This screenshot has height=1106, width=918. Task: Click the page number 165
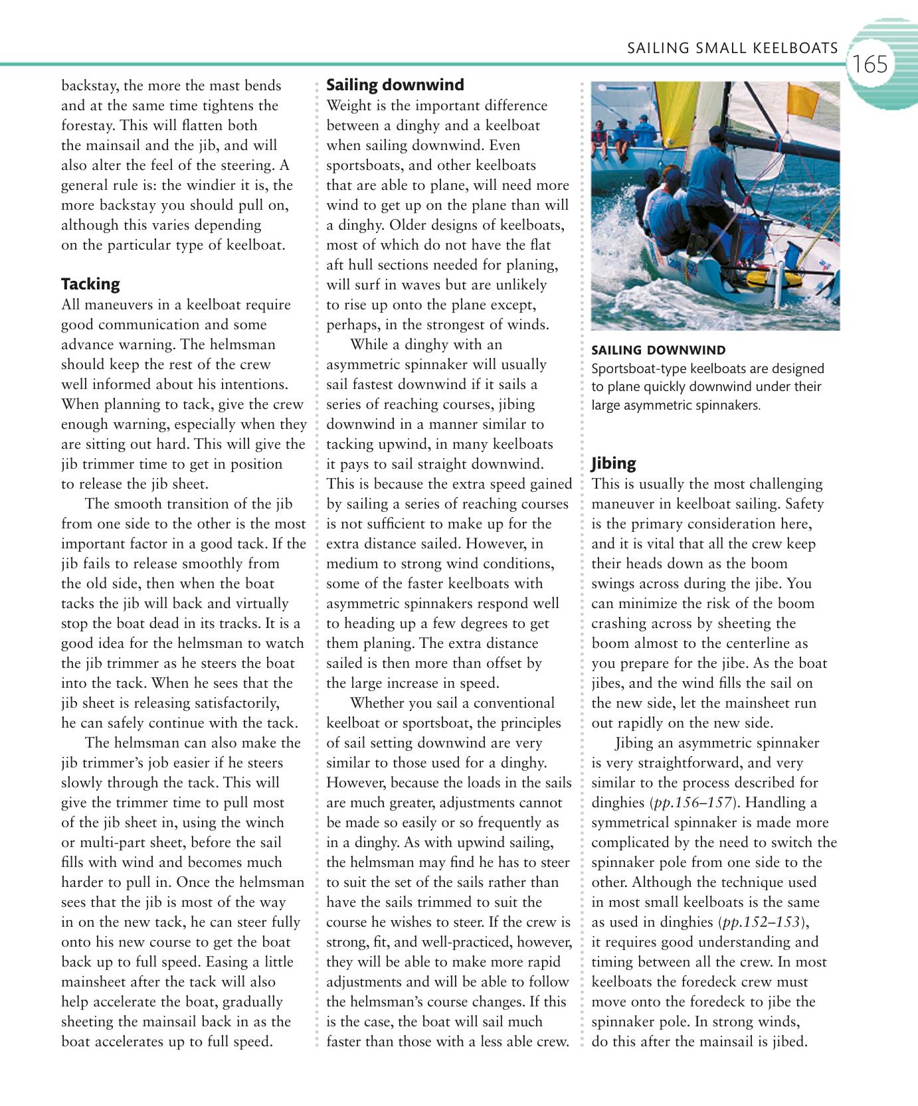click(870, 64)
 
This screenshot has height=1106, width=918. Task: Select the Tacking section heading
click(90, 284)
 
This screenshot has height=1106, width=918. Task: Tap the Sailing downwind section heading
click(395, 85)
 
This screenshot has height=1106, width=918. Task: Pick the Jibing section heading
click(613, 463)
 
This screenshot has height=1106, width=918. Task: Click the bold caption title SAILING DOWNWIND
click(658, 350)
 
